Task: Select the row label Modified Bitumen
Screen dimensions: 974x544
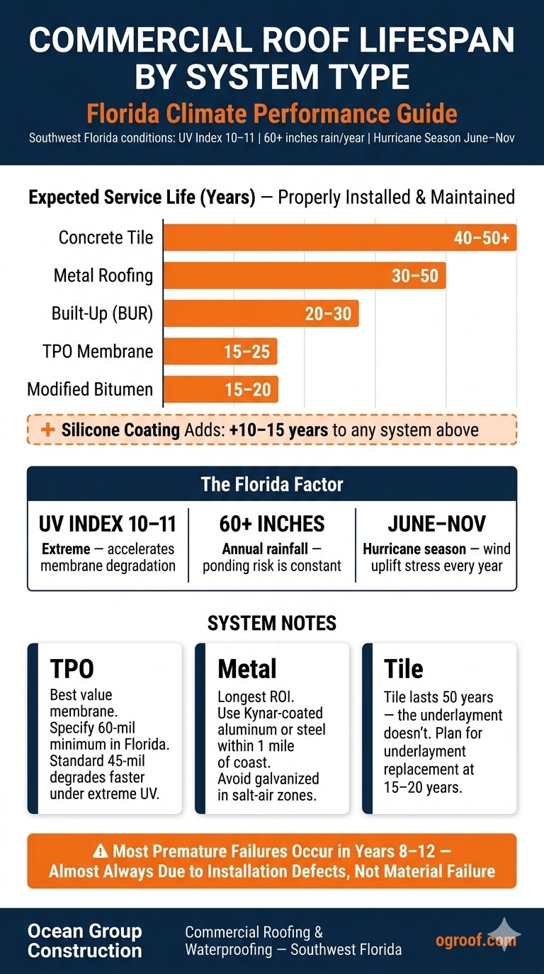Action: tap(90, 389)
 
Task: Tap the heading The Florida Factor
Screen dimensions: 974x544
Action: tap(272, 485)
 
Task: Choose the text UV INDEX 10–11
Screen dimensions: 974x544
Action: tap(108, 524)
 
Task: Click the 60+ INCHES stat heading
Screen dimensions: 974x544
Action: tap(272, 524)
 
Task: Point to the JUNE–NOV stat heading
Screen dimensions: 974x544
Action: tap(436, 524)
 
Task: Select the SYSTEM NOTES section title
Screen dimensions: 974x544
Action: tap(272, 623)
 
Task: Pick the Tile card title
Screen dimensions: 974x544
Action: tap(403, 669)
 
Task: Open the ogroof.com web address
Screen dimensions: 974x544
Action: tap(475, 940)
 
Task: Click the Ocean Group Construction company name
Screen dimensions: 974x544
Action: tap(84, 941)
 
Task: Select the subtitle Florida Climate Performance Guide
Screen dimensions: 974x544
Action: tap(272, 114)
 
